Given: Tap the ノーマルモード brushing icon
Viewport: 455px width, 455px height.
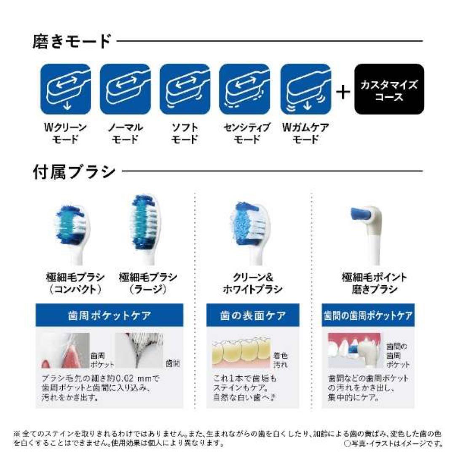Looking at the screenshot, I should pos(125,89).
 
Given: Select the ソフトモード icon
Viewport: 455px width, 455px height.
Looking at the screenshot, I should pos(185,89).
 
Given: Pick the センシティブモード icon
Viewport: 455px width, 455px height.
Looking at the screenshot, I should pos(245,89).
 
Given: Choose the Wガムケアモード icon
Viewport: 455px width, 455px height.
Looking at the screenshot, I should pos(305,89).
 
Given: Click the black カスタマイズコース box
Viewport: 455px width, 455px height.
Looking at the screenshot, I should pos(389,89).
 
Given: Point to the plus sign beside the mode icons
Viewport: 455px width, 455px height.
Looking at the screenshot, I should pos(343,92).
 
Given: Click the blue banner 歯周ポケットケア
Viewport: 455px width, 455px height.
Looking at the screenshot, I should pos(109,315).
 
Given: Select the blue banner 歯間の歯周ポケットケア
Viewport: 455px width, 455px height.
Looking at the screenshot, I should pos(368,315).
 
